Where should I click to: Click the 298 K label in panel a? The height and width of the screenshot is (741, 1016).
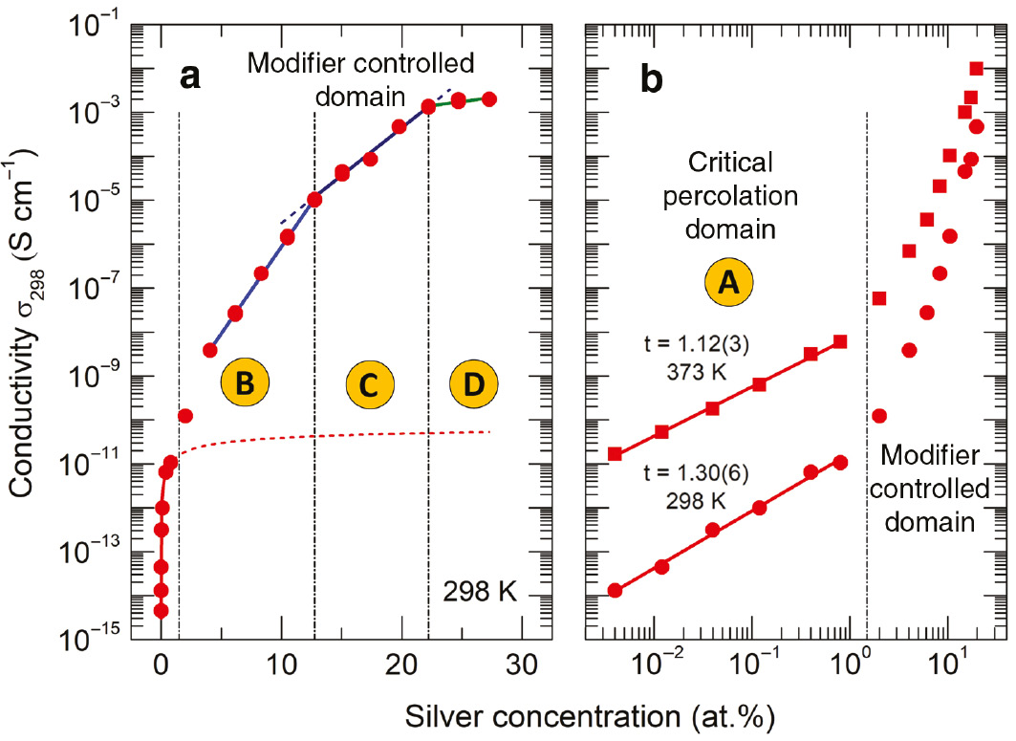(x=480, y=593)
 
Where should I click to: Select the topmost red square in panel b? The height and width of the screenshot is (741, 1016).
(x=976, y=68)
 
